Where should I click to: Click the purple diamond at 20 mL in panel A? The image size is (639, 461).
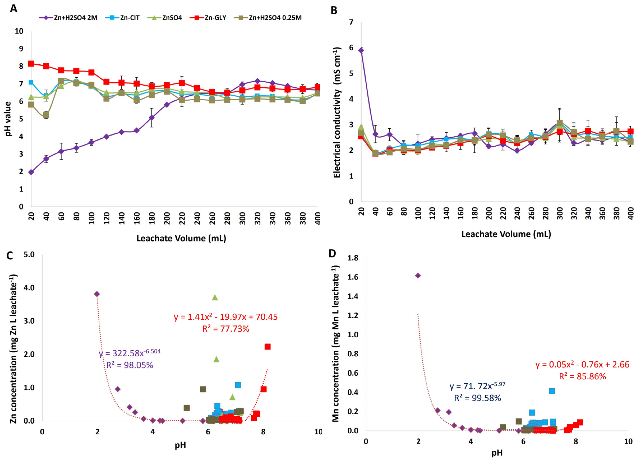click(31, 172)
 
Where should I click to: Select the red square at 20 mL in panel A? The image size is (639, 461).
click(31, 64)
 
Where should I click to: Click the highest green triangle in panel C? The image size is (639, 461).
click(215, 297)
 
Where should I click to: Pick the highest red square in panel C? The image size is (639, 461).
click(267, 347)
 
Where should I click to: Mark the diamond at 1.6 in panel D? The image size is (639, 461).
click(418, 275)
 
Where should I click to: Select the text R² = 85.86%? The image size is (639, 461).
click(582, 376)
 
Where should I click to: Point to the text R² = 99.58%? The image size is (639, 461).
click(477, 398)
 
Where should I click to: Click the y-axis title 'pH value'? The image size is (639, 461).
click(8, 119)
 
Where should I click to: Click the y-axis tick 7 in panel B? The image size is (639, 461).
click(351, 22)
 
